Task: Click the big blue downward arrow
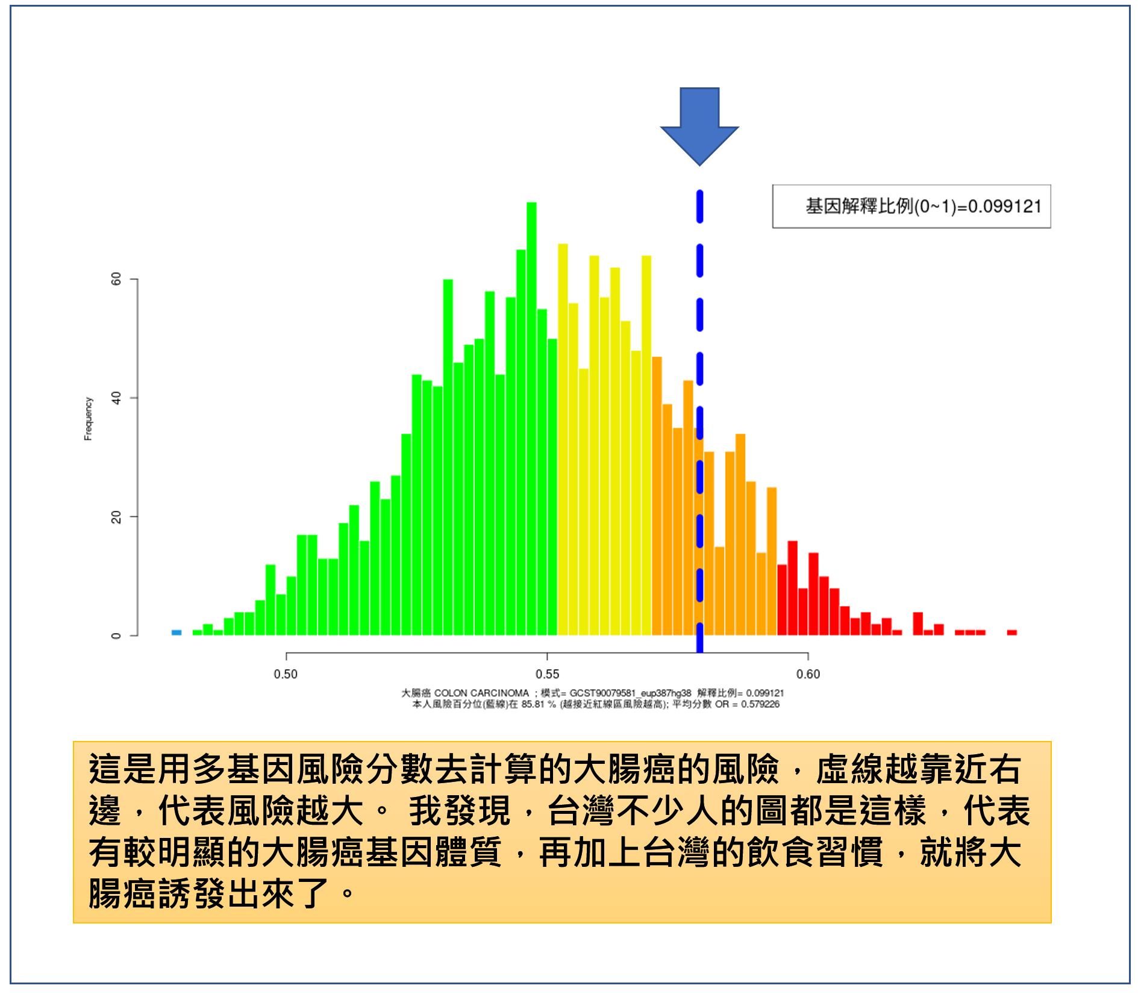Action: click(x=699, y=127)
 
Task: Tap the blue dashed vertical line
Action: click(x=699, y=422)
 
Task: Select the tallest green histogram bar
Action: click(x=531, y=419)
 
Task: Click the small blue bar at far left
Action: click(x=177, y=633)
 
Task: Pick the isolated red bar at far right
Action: click(x=1012, y=633)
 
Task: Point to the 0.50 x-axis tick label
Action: click(x=286, y=674)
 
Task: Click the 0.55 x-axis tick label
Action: click(x=547, y=674)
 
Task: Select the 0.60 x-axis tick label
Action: click(x=808, y=674)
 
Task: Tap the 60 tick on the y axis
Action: click(x=116, y=279)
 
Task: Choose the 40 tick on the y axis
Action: click(x=116, y=398)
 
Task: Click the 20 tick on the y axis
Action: click(x=116, y=517)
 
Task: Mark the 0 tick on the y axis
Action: click(x=116, y=636)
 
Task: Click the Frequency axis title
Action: click(x=89, y=419)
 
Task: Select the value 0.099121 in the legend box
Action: click(x=1005, y=207)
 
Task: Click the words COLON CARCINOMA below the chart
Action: click(x=481, y=693)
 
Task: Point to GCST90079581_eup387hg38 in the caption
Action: click(x=630, y=693)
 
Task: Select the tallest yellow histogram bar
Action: click(x=563, y=440)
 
